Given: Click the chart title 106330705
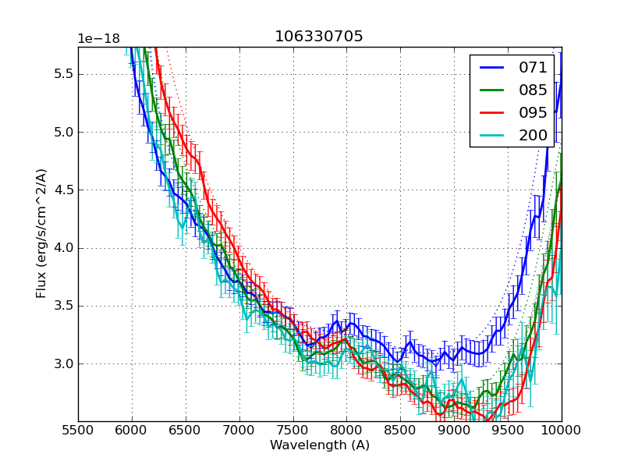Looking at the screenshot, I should tap(319, 37).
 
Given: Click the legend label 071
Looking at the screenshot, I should tap(533, 68).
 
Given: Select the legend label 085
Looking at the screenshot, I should tap(533, 90).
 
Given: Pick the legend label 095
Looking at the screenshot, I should tap(533, 112).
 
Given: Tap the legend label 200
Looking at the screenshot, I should tap(533, 135).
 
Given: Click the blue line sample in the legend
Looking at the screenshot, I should tap(491, 68).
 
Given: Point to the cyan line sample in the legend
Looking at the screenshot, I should tap(491, 135).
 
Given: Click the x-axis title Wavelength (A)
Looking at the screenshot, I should tap(320, 445).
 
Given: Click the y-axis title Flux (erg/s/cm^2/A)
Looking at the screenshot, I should tap(41, 233).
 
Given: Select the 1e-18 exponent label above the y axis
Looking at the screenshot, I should tap(98, 39).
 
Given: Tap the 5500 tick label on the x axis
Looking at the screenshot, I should tap(78, 431).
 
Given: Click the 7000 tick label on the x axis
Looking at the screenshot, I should tap(239, 431).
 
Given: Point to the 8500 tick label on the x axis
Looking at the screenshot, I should tap(400, 431).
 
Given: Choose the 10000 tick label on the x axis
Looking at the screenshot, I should tap(562, 431).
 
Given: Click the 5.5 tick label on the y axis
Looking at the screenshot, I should tap(62, 74).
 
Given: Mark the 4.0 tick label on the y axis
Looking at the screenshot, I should tap(62, 248).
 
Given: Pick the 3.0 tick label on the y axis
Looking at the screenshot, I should tap(62, 363).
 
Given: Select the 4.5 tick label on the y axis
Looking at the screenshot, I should tap(62, 190).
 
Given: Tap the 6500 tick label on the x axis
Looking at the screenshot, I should tap(186, 431).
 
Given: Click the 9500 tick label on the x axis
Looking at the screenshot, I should tap(508, 431).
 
